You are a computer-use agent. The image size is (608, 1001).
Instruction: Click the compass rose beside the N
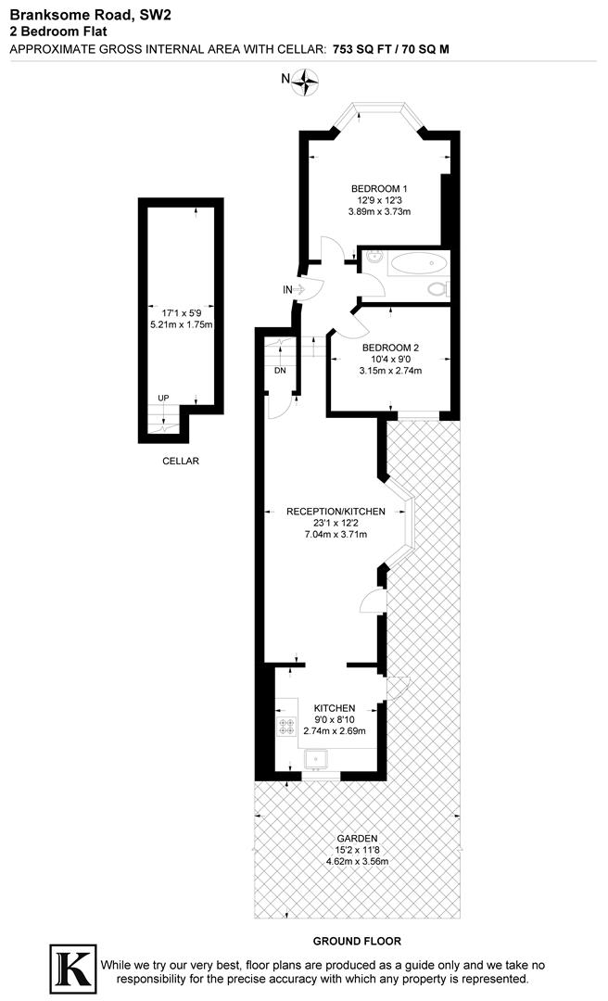pyautogui.click(x=304, y=83)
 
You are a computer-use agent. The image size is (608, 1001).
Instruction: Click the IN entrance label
pyautogui.click(x=288, y=290)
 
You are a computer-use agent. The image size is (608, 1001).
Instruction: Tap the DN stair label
pyautogui.click(x=280, y=371)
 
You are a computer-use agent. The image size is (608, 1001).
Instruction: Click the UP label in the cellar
pyautogui.click(x=163, y=398)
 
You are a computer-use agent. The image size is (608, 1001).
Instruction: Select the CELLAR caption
pyautogui.click(x=180, y=461)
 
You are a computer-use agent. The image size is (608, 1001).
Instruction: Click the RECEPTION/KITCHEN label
pyautogui.click(x=336, y=512)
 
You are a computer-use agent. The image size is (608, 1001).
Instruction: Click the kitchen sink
pyautogui.click(x=316, y=759)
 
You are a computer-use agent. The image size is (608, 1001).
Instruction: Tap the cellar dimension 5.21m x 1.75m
pyautogui.click(x=182, y=325)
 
